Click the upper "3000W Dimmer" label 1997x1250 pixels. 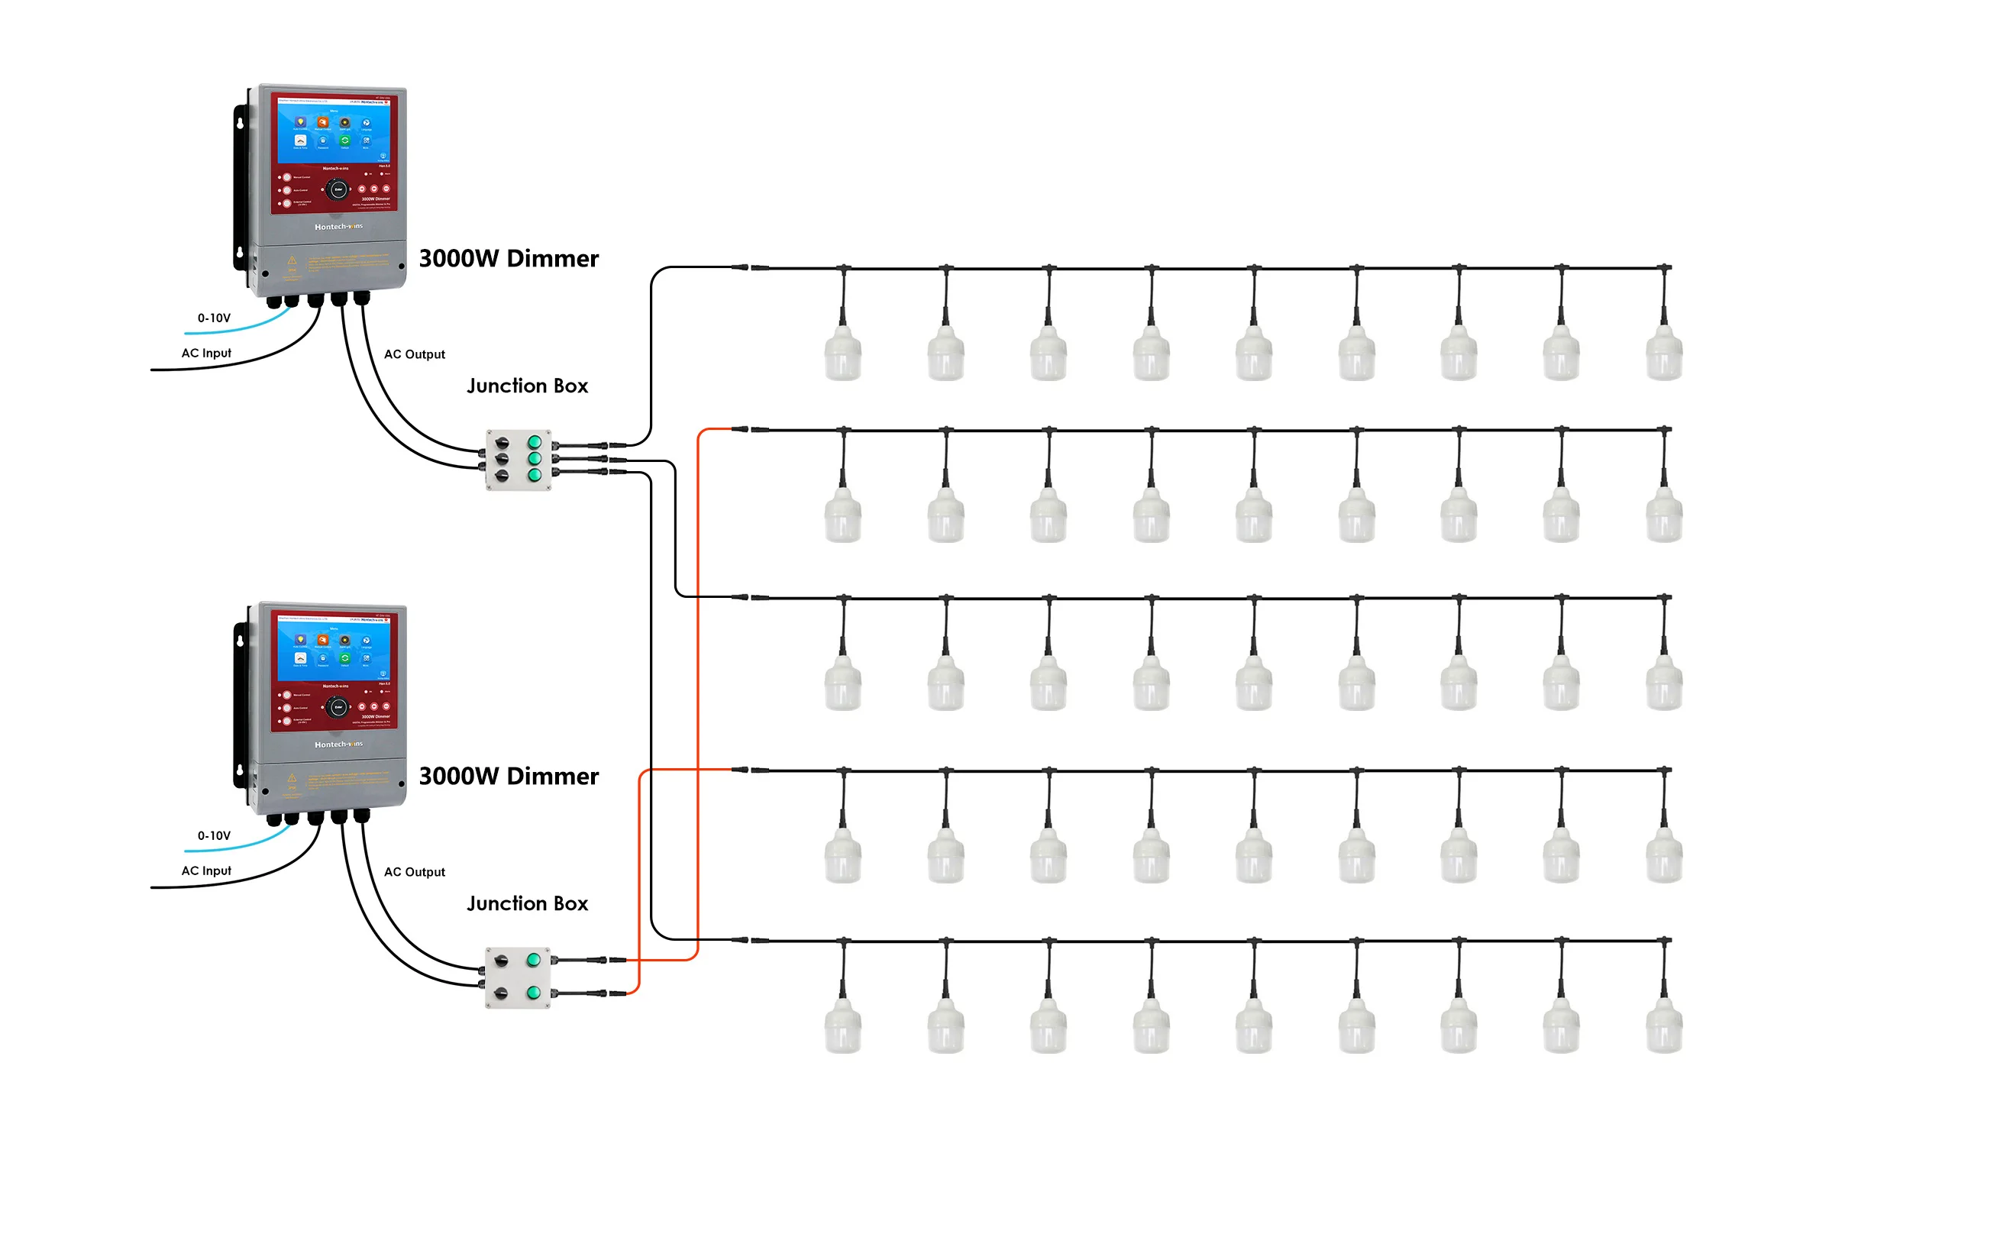[509, 259]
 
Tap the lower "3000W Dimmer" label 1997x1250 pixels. [509, 777]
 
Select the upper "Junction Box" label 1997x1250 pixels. [528, 386]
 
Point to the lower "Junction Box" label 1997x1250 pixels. [528, 903]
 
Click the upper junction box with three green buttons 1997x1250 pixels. [519, 460]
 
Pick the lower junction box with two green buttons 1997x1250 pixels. [518, 977]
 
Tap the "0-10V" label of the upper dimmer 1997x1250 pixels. [214, 318]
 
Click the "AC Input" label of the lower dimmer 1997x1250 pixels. [207, 871]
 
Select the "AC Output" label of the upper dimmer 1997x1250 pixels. [414, 354]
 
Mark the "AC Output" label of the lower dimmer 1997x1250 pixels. [414, 872]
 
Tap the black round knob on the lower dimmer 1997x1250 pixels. [338, 708]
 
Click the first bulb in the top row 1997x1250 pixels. [843, 354]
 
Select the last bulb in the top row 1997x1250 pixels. [1663, 354]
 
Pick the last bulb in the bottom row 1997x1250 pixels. [1663, 1026]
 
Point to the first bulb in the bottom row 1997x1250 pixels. [843, 1026]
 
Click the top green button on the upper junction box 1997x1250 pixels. [535, 442]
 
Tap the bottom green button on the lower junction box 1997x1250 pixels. [533, 993]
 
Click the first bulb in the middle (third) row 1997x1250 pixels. [843, 683]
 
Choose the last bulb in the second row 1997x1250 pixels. [1663, 516]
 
